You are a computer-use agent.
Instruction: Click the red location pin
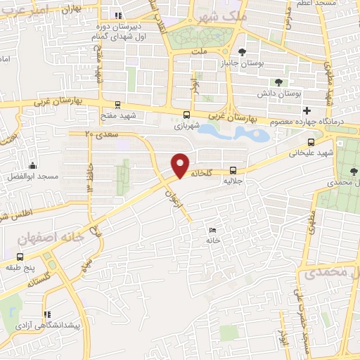coord(181,165)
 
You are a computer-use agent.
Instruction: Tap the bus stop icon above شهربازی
coord(186,115)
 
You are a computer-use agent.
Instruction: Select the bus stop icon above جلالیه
coord(231,170)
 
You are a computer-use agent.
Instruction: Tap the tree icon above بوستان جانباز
coord(242,51)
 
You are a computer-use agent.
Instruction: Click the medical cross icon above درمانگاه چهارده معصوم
coord(307,110)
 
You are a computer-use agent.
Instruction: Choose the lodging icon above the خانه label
coord(212,230)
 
